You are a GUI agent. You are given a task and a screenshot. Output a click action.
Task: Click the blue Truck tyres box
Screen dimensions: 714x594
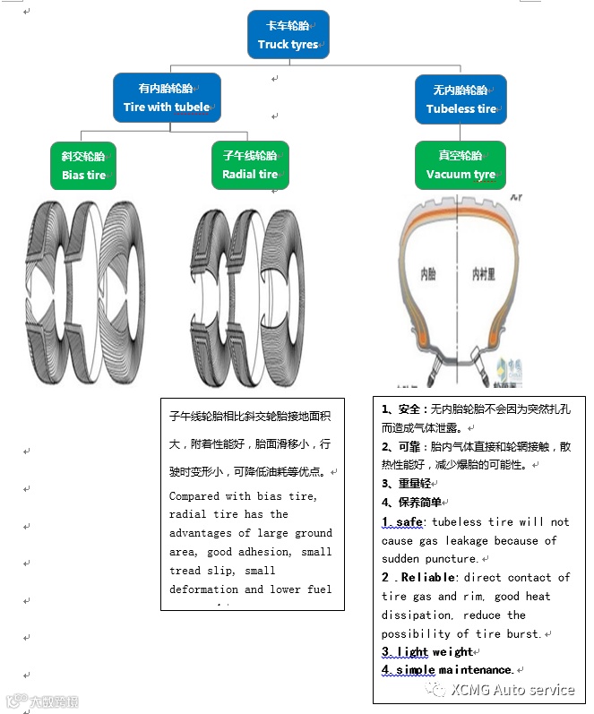(288, 35)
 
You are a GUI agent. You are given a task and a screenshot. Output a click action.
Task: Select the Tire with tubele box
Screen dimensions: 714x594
(167, 98)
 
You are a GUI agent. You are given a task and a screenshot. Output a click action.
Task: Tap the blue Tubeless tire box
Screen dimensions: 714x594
(461, 99)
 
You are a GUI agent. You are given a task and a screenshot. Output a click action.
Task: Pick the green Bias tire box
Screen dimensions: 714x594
(83, 166)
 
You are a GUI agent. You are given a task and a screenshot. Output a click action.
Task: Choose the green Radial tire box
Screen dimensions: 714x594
(250, 165)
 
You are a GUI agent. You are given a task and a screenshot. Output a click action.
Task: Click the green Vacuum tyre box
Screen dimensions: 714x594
(461, 166)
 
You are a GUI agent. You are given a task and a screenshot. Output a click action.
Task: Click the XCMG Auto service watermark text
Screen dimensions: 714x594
(512, 690)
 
